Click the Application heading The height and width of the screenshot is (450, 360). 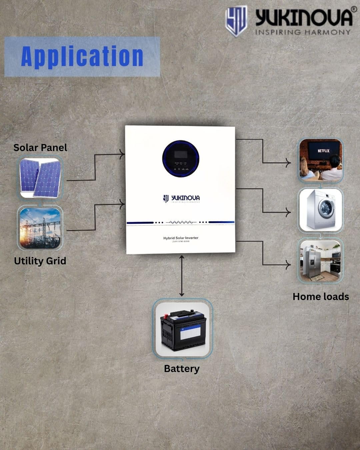82,56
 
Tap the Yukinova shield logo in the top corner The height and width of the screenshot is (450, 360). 236,21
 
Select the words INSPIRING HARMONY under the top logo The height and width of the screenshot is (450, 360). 303,32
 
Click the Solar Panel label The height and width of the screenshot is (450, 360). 40,148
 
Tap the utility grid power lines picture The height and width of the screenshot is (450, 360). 40,229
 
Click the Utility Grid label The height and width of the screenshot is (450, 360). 40,261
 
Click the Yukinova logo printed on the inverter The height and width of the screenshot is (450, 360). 181,199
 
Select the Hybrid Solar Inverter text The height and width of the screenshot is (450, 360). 181,238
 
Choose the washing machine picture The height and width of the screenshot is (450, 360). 320,210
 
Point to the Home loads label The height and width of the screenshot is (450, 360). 321,297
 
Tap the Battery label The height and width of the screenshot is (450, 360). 182,369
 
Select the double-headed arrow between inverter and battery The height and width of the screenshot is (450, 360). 182,276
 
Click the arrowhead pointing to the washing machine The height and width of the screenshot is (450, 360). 289,212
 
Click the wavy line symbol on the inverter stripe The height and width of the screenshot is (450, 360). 181,222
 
